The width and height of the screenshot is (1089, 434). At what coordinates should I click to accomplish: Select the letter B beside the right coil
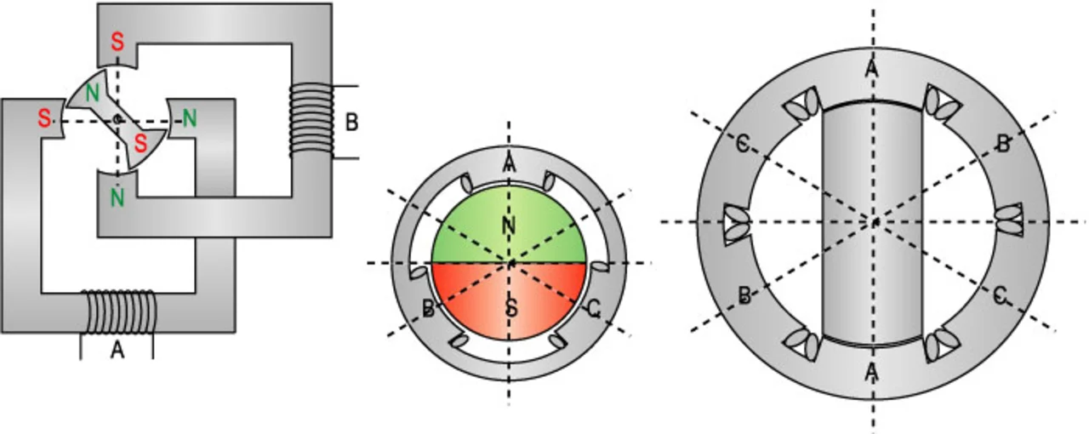[x=351, y=122]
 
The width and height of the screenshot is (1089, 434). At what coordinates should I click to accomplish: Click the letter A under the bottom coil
[x=117, y=348]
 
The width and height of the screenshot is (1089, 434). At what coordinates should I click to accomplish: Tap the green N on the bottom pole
[x=116, y=197]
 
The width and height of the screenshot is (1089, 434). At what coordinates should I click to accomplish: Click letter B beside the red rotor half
[x=429, y=308]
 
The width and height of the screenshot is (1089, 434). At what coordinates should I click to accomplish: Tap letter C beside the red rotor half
[x=593, y=311]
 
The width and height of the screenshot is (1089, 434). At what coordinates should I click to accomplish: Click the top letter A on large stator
[x=872, y=70]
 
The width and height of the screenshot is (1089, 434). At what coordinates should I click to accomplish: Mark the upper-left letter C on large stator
[x=742, y=144]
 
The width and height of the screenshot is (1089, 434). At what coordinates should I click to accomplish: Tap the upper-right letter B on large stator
[x=1003, y=144]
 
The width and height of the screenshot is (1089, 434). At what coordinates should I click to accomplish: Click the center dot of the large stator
[x=874, y=222]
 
